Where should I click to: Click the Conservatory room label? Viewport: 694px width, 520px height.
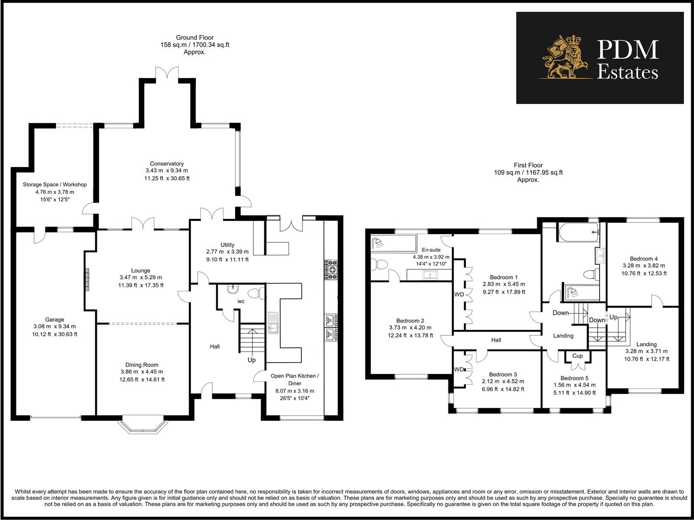[x=167, y=164]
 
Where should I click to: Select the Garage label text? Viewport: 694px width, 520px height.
[x=54, y=320]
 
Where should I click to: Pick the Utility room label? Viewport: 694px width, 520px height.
[x=227, y=245]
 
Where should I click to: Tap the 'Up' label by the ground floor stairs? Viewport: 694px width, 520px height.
[x=251, y=360]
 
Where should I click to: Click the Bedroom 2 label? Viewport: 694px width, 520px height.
[x=410, y=321]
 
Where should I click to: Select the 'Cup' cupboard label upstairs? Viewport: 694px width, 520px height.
[x=577, y=356]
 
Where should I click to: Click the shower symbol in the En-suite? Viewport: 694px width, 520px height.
[x=379, y=243]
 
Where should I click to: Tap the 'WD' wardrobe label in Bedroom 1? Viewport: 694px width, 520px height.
[x=459, y=294]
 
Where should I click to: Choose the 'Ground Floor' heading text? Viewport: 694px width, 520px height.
[x=195, y=38]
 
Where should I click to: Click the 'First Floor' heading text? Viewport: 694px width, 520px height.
[x=528, y=165]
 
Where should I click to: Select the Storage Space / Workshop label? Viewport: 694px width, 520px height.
[x=54, y=184]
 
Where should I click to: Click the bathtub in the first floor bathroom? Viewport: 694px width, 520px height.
[x=578, y=232]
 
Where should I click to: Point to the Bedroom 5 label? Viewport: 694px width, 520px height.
[x=577, y=378]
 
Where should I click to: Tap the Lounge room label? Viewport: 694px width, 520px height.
[x=141, y=271]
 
